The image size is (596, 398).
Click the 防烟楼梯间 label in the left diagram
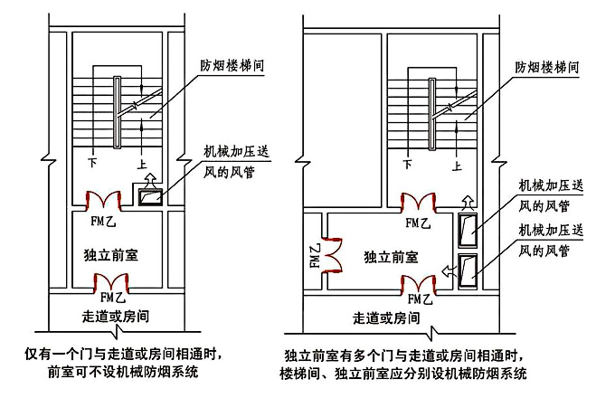click(232, 67)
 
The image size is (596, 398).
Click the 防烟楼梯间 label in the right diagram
click(546, 67)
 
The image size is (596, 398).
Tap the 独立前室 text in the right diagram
click(386, 257)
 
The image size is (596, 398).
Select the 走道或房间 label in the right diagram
click(387, 317)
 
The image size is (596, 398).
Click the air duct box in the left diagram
click(148, 194)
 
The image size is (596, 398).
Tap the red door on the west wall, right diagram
click(331, 252)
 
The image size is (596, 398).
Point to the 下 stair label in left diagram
click(91, 164)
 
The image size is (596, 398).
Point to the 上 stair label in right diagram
click(458, 165)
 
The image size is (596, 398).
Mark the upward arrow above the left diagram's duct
click(150, 177)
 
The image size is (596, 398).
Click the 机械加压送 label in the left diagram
click(231, 150)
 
